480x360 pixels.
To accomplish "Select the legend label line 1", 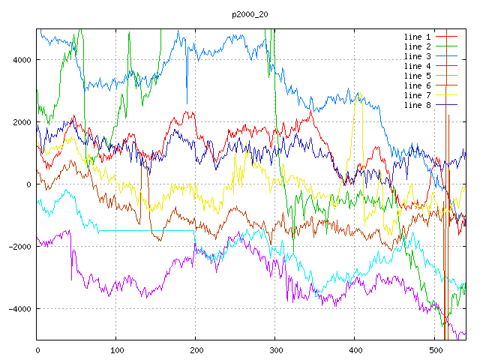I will coord(418,37).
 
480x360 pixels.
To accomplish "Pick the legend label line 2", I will coord(418,46).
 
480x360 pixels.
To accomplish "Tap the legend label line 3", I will coord(418,56).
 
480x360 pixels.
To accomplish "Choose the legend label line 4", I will coord(418,66).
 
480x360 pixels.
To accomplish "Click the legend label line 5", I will coord(418,76).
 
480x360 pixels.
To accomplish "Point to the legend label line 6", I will coord(418,85).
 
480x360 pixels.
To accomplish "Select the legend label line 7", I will coord(418,95).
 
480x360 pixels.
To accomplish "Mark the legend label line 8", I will coord(418,105).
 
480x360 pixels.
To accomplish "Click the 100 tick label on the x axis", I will coord(117,349).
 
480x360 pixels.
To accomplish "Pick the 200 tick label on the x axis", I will coord(196,349).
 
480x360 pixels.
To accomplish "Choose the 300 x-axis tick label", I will coord(276,349).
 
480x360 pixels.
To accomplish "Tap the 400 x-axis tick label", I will coord(355,349).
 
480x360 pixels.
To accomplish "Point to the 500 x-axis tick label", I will coord(435,349).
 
